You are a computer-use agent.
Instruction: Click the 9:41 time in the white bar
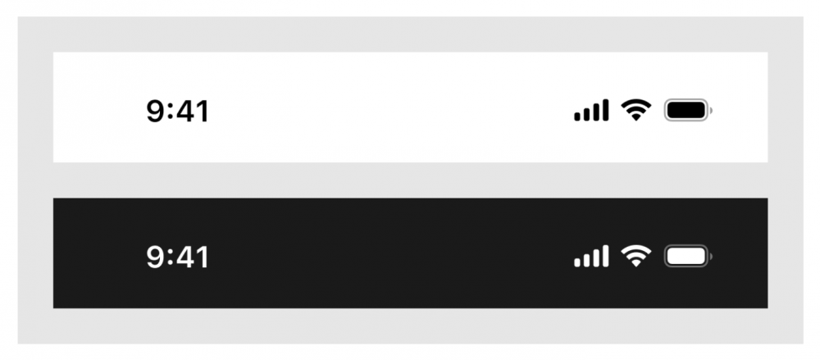coord(177,112)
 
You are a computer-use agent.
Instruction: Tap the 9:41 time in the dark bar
coord(177,257)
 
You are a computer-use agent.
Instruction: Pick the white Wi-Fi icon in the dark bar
coord(636,257)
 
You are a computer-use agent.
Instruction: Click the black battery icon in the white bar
coord(688,111)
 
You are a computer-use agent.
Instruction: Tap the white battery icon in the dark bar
coord(688,257)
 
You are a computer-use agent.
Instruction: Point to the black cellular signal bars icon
coord(591,111)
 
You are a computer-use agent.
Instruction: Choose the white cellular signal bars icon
coord(591,257)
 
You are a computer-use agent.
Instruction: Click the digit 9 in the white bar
coord(154,112)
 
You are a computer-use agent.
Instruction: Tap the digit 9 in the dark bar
coord(154,257)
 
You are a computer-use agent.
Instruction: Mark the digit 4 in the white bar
coord(185,112)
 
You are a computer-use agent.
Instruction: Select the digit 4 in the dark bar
coord(185,257)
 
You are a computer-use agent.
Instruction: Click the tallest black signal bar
coord(606,111)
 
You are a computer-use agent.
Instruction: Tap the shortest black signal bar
coord(578,116)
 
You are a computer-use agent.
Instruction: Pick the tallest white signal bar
coord(606,257)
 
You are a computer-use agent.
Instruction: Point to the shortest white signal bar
coord(578,262)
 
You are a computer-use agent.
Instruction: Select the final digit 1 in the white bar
coord(203,112)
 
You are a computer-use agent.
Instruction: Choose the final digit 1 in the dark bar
coord(203,257)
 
